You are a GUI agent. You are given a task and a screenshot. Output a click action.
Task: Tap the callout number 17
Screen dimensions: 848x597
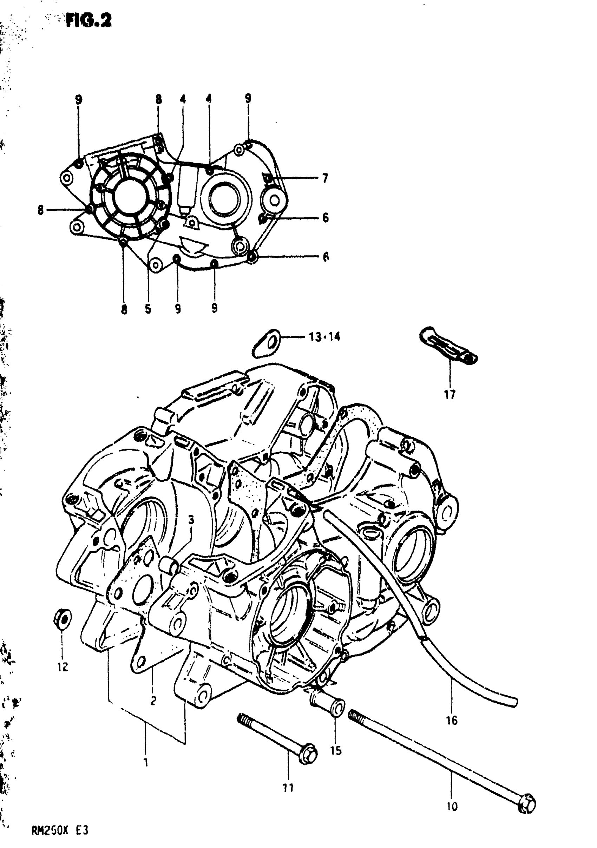[x=450, y=395]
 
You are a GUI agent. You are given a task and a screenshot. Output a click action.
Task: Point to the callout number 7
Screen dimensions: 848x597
[x=325, y=178]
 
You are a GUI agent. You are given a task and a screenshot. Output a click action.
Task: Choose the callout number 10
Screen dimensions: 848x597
[x=452, y=806]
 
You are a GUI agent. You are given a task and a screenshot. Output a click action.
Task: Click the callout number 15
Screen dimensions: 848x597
[x=336, y=750]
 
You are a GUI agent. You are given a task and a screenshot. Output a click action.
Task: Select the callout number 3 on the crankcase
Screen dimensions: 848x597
[x=191, y=520]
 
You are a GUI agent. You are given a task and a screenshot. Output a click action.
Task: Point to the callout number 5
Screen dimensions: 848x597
[x=148, y=309]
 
